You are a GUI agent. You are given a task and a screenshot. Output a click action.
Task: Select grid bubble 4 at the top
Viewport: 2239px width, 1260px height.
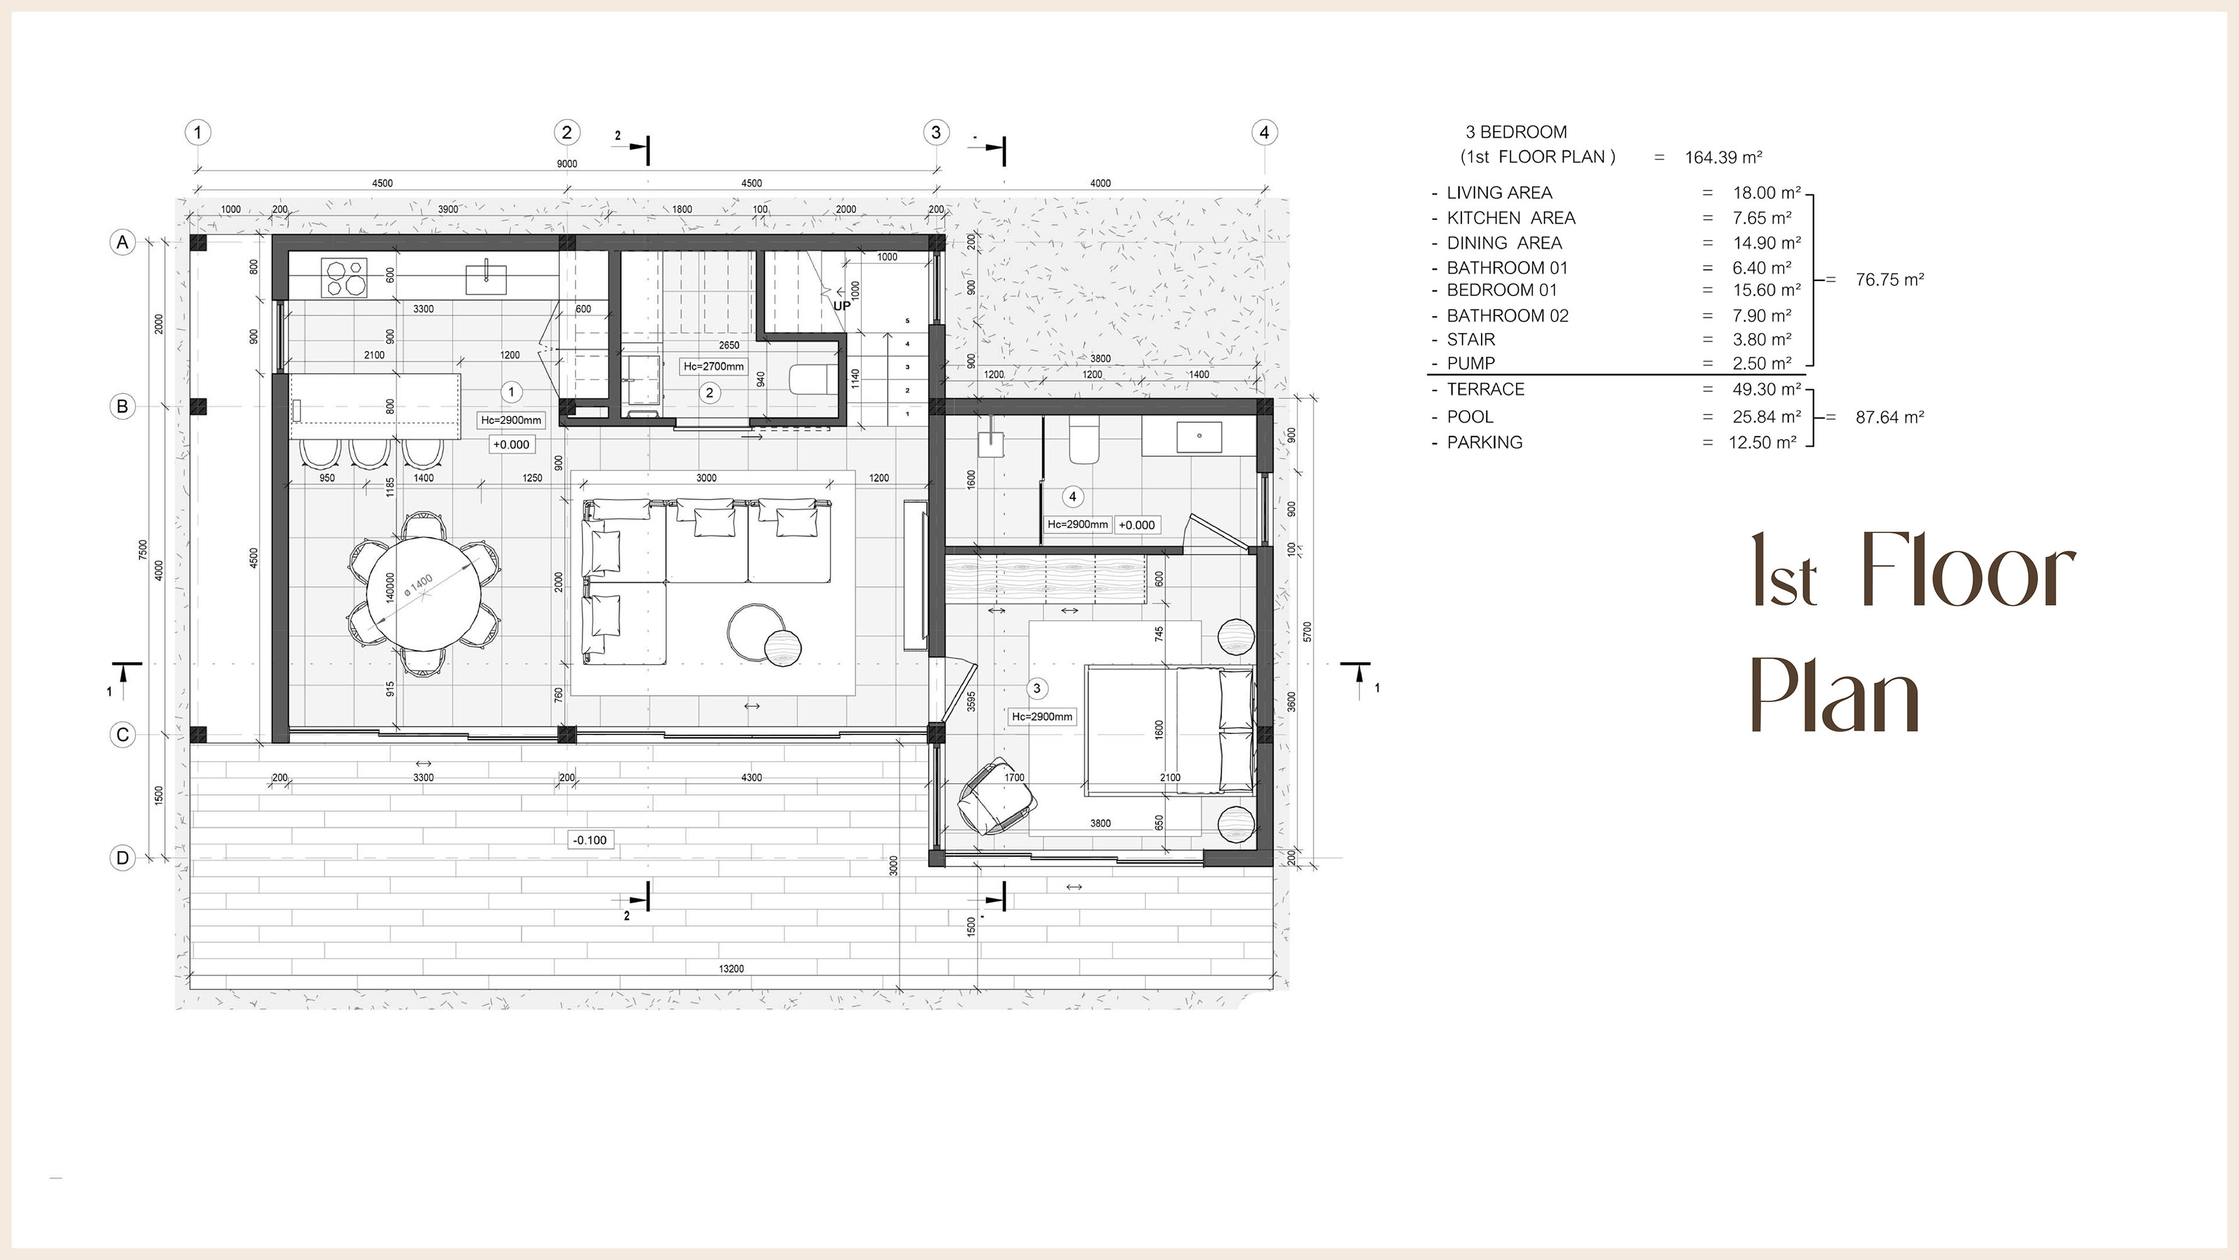click(1264, 132)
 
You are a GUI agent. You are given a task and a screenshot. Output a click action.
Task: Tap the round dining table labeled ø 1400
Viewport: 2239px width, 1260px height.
click(422, 593)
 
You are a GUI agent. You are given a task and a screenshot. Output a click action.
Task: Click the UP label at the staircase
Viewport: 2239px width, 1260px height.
click(841, 306)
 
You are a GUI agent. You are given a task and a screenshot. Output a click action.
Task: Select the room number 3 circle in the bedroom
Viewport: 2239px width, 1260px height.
click(1036, 688)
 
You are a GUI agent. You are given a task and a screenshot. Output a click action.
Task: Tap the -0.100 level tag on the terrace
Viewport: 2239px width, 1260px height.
click(590, 840)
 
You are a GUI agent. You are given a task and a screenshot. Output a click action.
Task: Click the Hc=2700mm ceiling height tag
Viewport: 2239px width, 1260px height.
click(713, 366)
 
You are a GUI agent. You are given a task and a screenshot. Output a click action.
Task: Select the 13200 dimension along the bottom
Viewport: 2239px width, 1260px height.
click(731, 968)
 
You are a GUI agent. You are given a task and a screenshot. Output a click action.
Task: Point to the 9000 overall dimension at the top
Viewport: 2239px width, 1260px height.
click(567, 163)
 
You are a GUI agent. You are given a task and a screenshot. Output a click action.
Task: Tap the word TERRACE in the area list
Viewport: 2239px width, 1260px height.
click(1485, 389)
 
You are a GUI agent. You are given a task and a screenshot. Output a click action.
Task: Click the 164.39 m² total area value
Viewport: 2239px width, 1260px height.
click(1723, 157)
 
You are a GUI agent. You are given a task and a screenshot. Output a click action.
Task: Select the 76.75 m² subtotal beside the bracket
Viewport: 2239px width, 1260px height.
click(1890, 280)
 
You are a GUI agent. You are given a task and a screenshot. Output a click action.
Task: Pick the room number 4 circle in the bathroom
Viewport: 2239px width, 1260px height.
click(1072, 496)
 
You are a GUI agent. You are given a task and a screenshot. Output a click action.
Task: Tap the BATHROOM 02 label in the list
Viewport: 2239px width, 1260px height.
click(1507, 316)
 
